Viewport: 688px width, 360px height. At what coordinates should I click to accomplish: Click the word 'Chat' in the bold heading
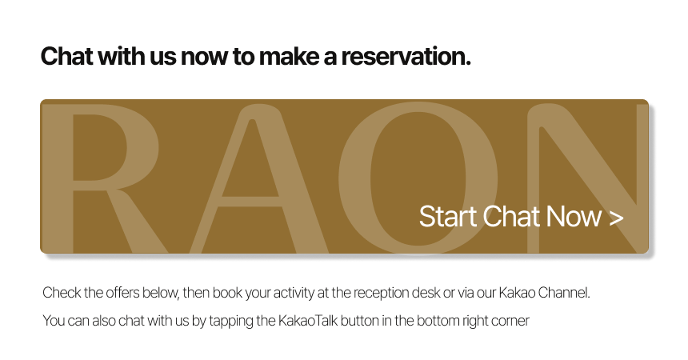66,56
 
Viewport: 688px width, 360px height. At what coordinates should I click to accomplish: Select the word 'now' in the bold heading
205,58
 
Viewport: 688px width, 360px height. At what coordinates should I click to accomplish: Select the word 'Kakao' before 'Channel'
517,292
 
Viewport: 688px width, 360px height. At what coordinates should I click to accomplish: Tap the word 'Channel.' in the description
564,292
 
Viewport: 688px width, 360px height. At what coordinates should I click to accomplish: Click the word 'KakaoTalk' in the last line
308,321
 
